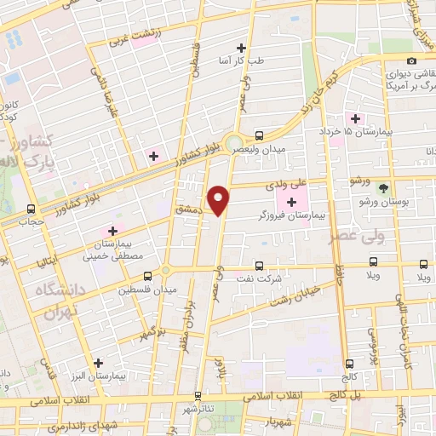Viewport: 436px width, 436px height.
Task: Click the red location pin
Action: [x=219, y=199]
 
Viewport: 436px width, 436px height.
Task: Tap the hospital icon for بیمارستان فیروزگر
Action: [x=293, y=202]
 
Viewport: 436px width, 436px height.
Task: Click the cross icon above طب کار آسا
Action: [x=241, y=48]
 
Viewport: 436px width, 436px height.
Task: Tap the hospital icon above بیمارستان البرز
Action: [x=99, y=362]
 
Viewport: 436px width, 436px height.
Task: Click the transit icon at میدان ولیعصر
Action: [x=259, y=135]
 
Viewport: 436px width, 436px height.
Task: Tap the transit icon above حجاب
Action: [x=31, y=209]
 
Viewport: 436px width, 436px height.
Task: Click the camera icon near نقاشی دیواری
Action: [x=411, y=60]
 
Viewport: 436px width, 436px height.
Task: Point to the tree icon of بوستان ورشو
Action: [x=383, y=188]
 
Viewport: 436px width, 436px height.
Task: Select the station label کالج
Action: [x=349, y=376]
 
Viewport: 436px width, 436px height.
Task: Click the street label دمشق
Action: [x=186, y=208]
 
